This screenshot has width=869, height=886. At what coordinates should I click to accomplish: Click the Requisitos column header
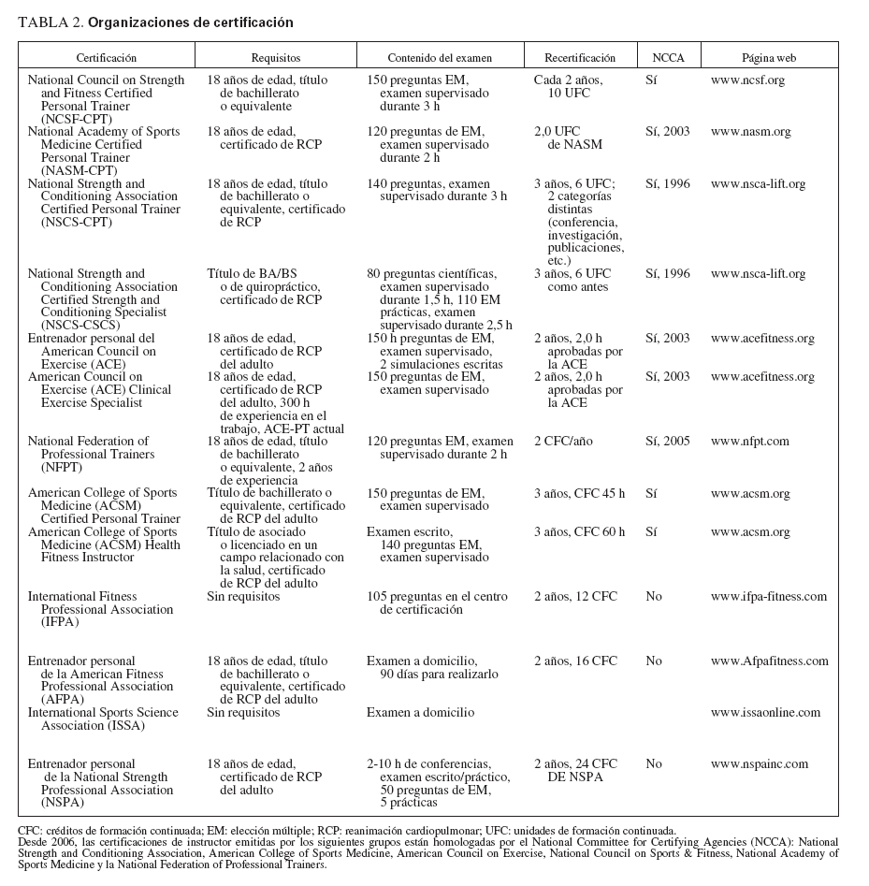click(275, 58)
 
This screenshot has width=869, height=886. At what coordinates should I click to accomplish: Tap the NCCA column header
click(668, 58)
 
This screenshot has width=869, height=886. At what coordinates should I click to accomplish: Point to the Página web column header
click(769, 58)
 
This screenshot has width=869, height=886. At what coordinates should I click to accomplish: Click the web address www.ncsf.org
click(747, 80)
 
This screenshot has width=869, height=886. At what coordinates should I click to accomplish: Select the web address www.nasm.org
click(750, 132)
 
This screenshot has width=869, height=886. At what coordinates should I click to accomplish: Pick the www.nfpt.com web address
click(749, 441)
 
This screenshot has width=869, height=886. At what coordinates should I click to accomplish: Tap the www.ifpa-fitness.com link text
click(768, 596)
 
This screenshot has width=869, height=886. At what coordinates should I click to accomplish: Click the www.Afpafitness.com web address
click(769, 661)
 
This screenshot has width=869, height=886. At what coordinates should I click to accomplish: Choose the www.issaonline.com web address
click(765, 712)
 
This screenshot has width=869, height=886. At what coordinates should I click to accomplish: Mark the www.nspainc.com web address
click(759, 763)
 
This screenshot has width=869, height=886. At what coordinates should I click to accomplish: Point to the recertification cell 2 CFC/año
click(563, 441)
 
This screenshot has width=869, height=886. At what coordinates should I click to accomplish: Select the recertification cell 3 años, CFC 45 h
click(579, 493)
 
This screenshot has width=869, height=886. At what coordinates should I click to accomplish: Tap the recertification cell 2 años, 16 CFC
click(575, 661)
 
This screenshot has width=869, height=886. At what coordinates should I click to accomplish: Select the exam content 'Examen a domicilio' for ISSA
click(420, 712)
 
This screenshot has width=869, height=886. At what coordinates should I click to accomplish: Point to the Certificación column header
click(106, 58)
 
